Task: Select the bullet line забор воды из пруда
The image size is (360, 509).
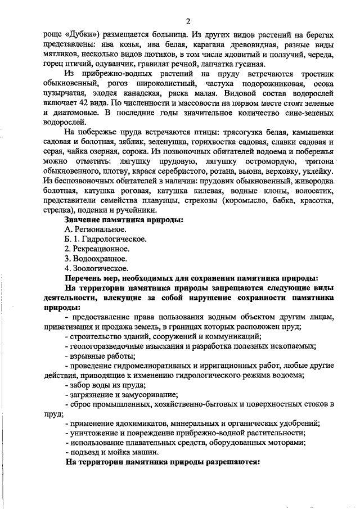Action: [x=105, y=386]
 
